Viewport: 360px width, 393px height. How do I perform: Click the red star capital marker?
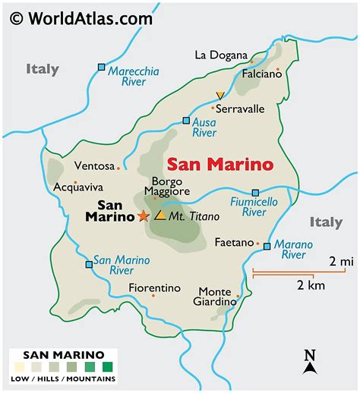pos(143,216)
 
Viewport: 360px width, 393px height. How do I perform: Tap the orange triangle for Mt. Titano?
pos(160,215)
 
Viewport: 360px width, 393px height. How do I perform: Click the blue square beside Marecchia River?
pos(102,68)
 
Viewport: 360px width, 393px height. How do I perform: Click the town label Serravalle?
pos(240,108)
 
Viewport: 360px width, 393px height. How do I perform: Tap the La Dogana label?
pos(221,55)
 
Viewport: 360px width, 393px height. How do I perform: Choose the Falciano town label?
pos(258,77)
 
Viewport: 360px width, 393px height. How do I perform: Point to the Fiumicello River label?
pos(254,207)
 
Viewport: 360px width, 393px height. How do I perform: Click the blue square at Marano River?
pos(267,246)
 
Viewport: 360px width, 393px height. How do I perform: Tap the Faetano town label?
pos(232,243)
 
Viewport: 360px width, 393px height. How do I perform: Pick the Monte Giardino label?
pos(217,296)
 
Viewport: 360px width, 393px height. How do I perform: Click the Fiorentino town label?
pos(155,288)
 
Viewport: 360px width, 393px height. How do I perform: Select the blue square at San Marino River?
pos(90,264)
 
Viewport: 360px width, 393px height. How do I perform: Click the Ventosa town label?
pos(94,166)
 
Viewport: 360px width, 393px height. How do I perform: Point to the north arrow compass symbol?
pos(309,362)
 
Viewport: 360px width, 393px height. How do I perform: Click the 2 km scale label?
pos(311,286)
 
